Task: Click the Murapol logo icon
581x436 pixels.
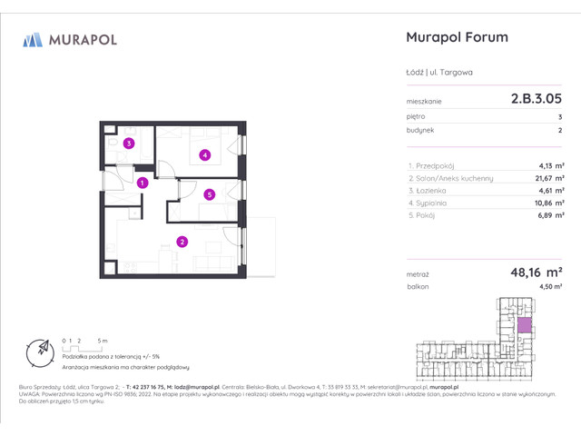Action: pos(34,39)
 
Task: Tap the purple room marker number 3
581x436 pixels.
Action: pos(130,144)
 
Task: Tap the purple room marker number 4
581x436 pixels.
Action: pos(205,155)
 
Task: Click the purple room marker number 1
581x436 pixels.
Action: pos(143,183)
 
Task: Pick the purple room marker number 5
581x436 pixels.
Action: pos(209,193)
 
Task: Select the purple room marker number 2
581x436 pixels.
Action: pos(182,242)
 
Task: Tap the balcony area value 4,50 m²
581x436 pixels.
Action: pos(550,286)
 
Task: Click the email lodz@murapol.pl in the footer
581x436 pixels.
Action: pos(213,384)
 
